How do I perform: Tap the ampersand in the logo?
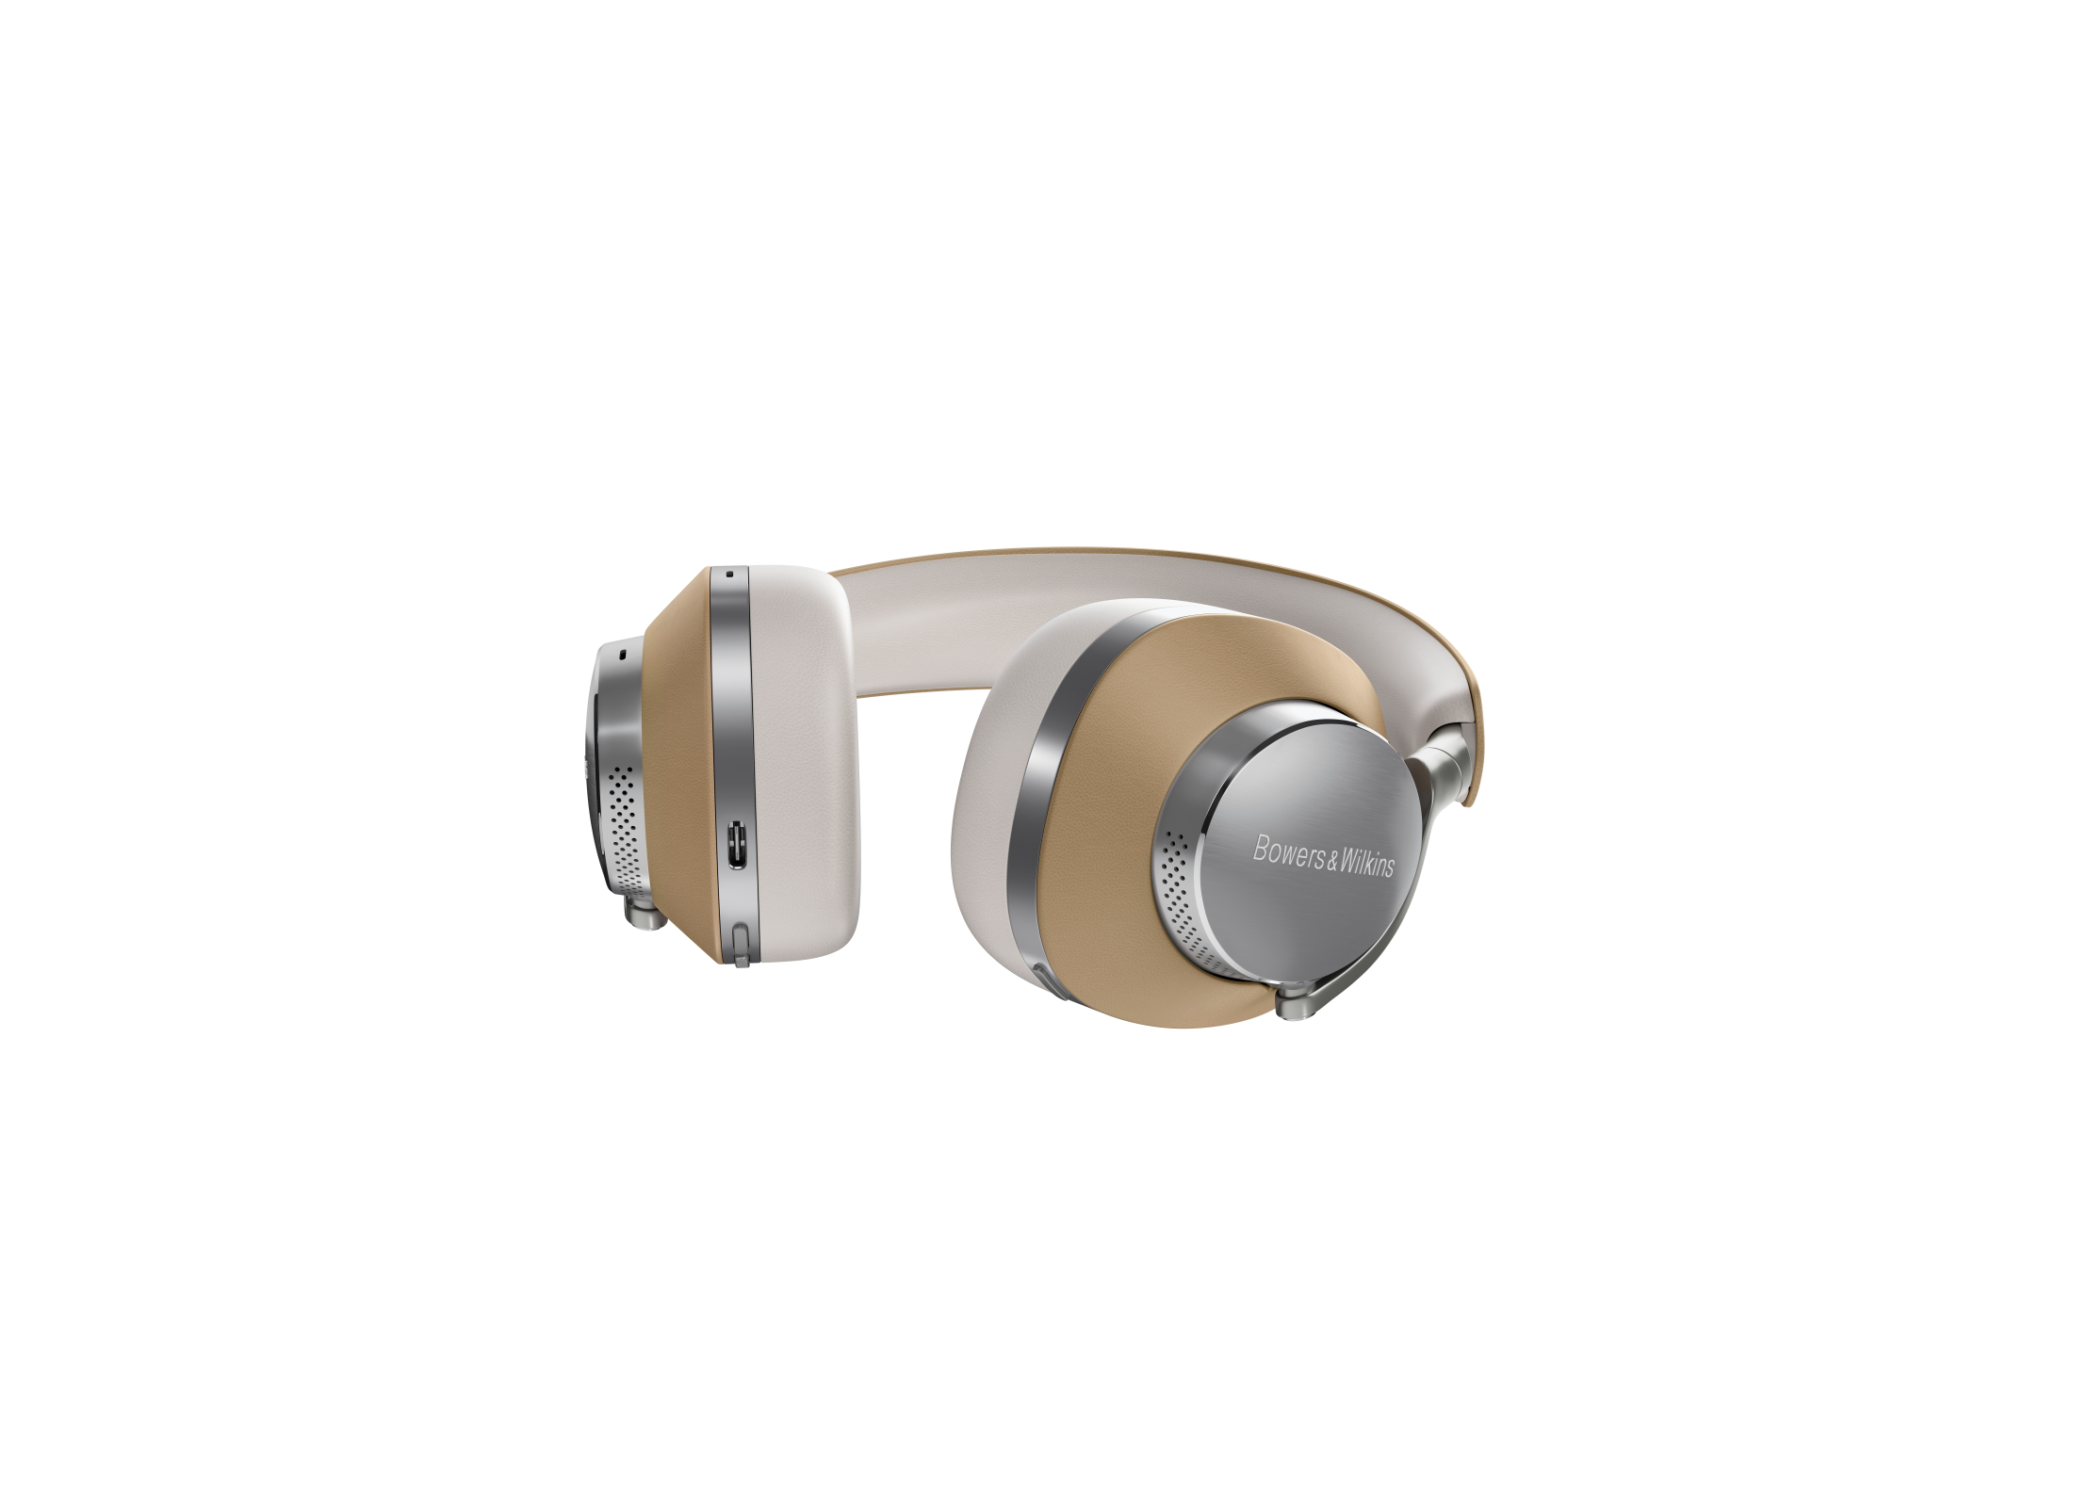[1331, 859]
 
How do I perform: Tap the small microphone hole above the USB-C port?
[730, 573]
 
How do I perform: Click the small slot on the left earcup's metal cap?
[622, 652]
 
